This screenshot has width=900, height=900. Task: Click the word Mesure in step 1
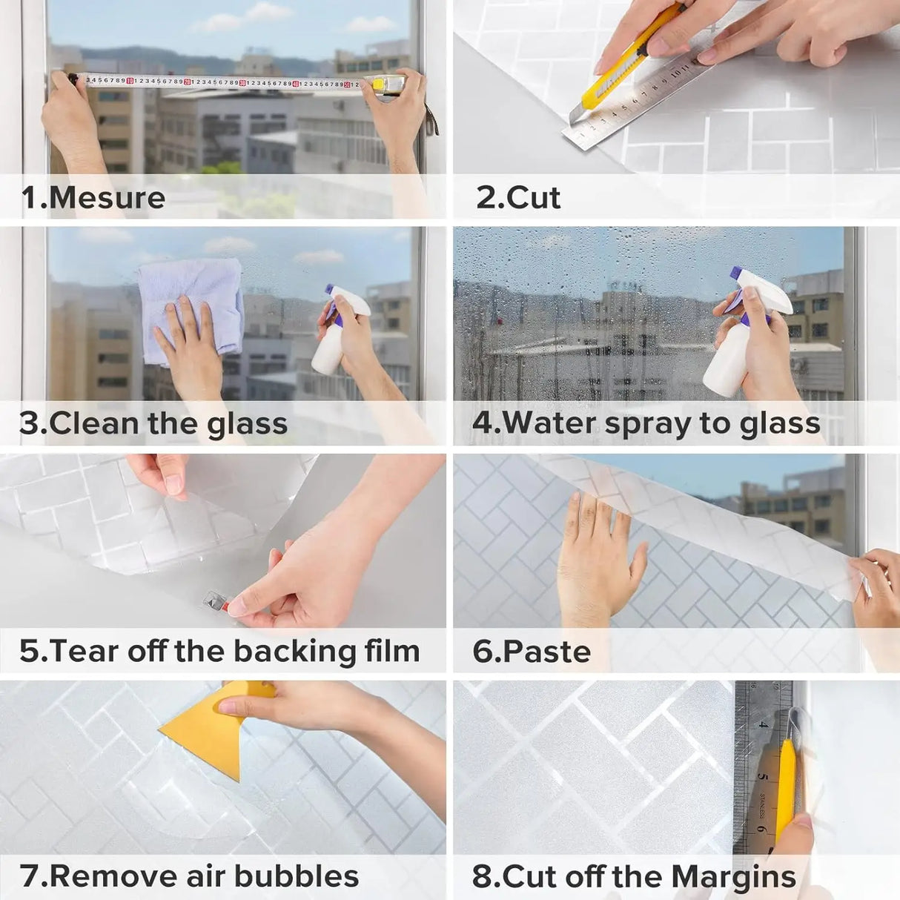coord(107,198)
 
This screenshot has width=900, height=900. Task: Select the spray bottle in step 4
coord(741,341)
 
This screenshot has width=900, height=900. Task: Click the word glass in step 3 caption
coord(247,424)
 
